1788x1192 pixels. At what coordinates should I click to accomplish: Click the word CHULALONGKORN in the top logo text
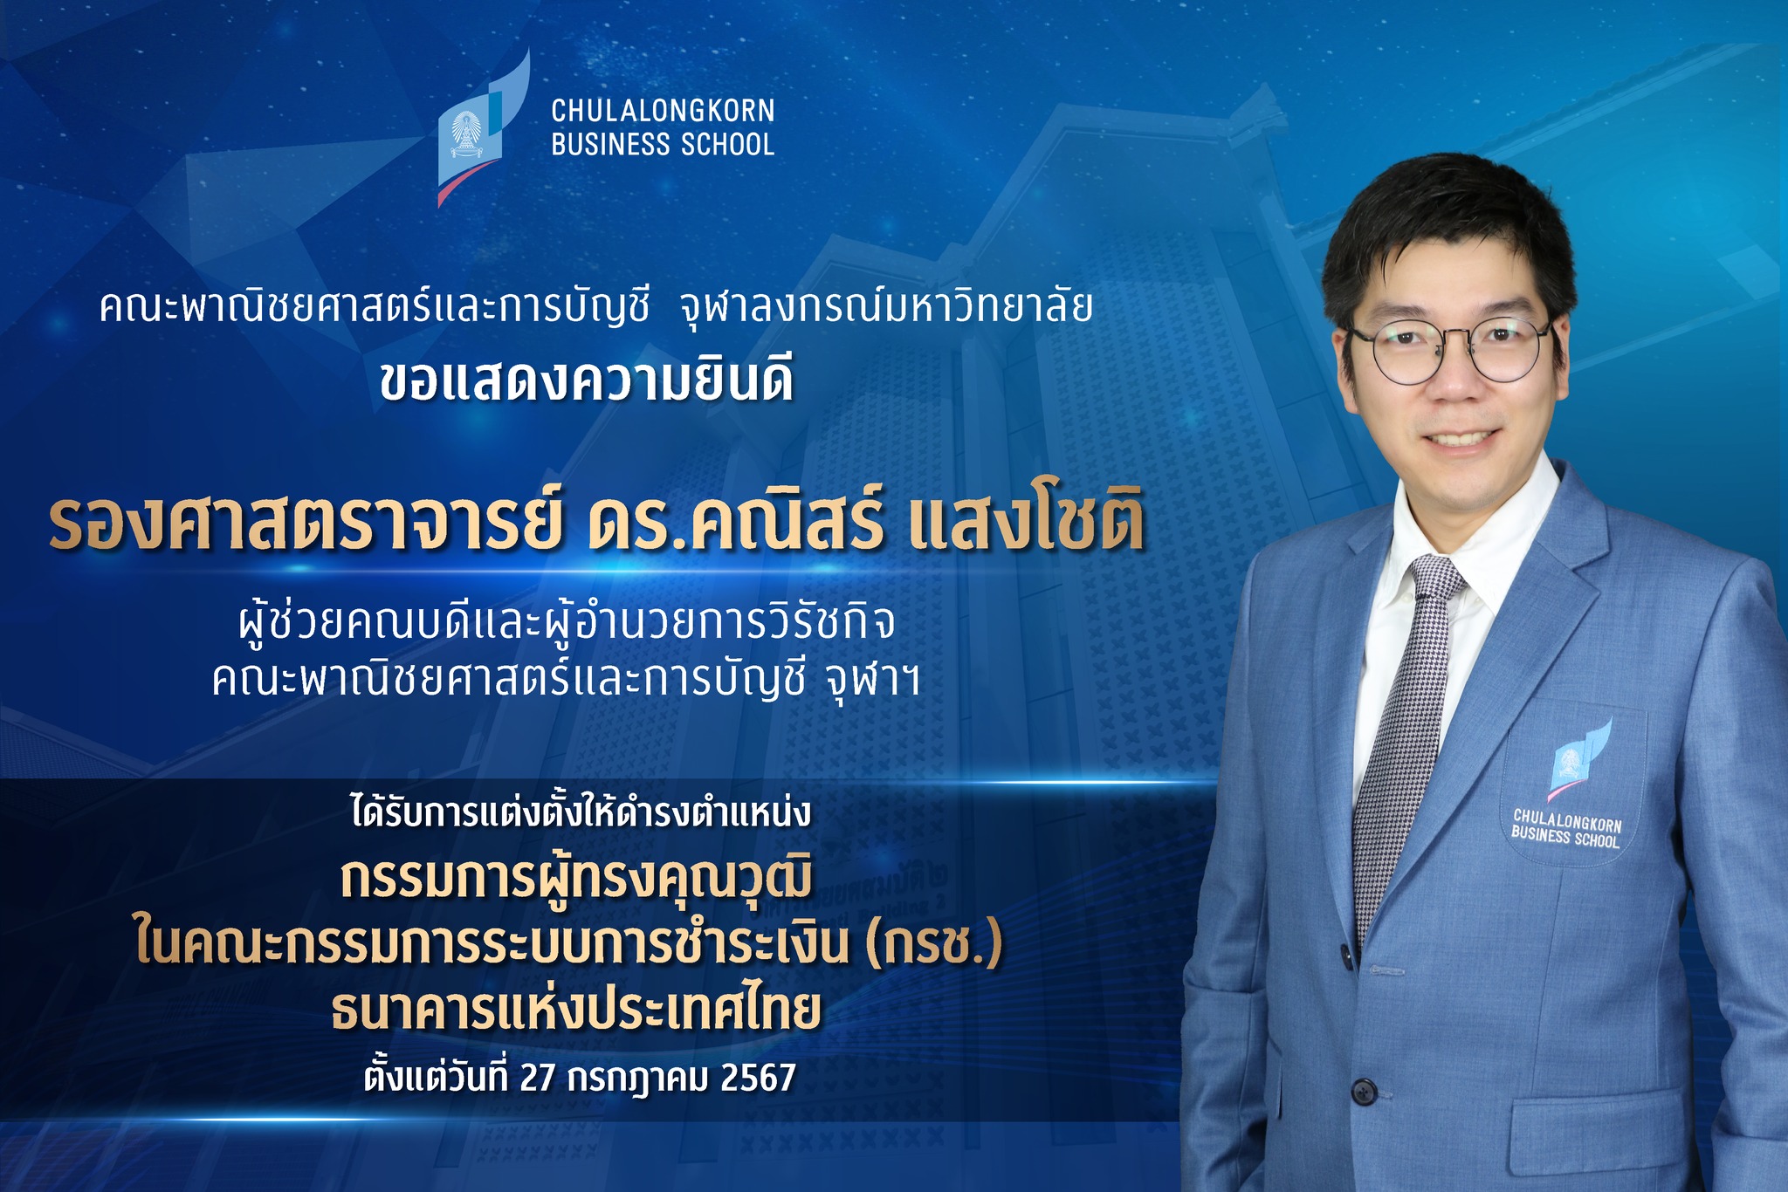tap(663, 111)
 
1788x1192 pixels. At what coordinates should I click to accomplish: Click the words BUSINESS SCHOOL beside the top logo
tap(663, 144)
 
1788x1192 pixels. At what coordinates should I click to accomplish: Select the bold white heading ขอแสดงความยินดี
tap(587, 381)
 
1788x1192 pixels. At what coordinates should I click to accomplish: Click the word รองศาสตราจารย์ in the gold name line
tap(304, 524)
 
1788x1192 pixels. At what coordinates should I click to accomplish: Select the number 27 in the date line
tap(537, 1079)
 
